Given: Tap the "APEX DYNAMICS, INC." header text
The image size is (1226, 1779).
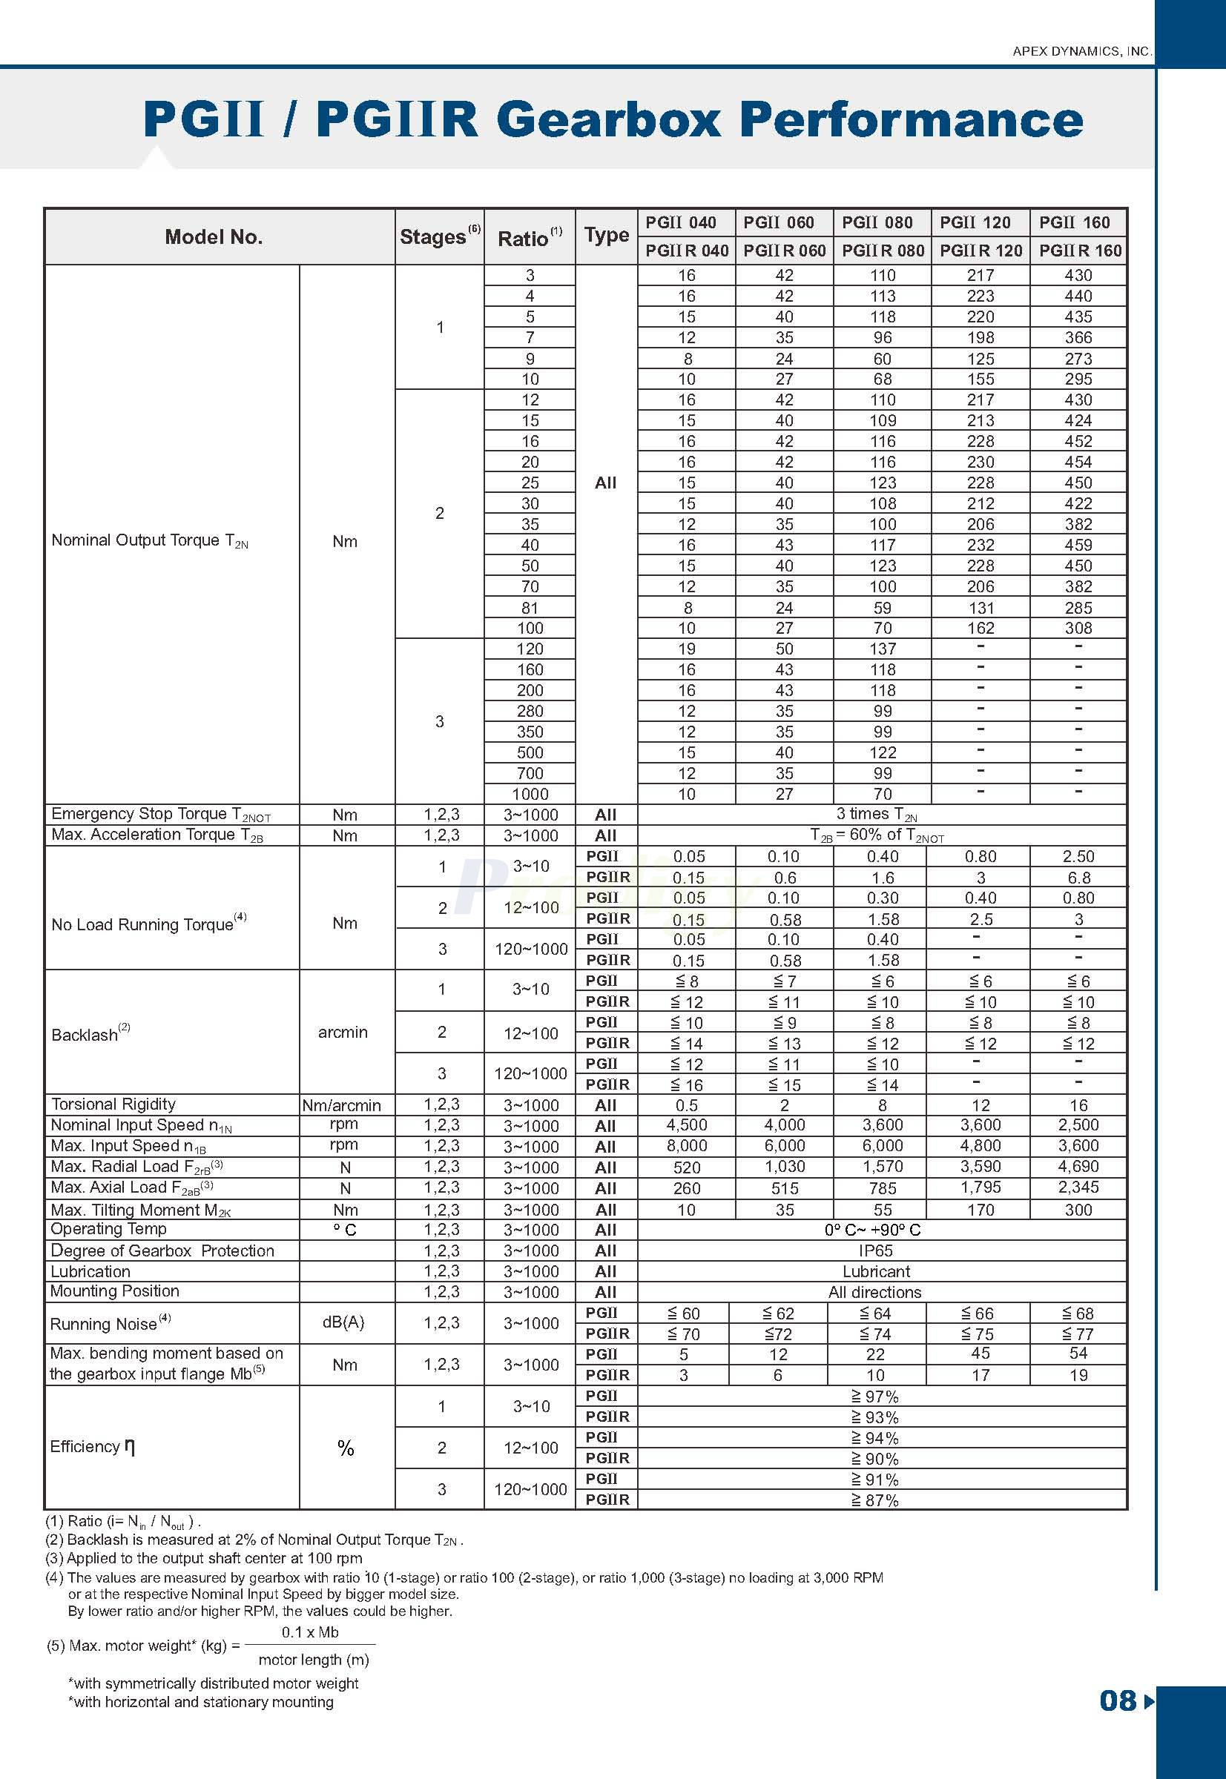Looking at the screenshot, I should point(1081,51).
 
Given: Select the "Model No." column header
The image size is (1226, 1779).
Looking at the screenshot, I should point(214,237).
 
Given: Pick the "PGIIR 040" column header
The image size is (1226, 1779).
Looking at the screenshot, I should point(686,251).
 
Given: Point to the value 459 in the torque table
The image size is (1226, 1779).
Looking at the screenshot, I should point(1078,545).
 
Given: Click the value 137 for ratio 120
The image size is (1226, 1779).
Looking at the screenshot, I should point(882,649).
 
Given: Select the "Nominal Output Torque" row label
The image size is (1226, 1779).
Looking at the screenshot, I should point(150,540).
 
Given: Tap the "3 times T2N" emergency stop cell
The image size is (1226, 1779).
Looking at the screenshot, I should point(876,814).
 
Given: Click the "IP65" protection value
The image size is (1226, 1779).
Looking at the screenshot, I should point(876,1250).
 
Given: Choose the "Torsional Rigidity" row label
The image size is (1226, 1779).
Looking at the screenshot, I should point(113,1104).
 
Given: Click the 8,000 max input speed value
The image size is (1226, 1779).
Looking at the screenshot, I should point(686,1145).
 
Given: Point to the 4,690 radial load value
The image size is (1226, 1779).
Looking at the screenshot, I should point(1078,1166).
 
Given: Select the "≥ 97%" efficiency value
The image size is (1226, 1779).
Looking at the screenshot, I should point(874,1396).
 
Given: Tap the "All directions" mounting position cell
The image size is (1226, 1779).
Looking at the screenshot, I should point(874,1292).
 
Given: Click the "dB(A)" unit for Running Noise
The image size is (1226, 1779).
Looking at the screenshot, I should point(343,1322).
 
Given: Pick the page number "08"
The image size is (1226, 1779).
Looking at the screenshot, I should point(1117,1700).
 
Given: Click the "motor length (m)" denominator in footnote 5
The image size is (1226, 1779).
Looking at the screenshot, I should point(314,1659).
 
